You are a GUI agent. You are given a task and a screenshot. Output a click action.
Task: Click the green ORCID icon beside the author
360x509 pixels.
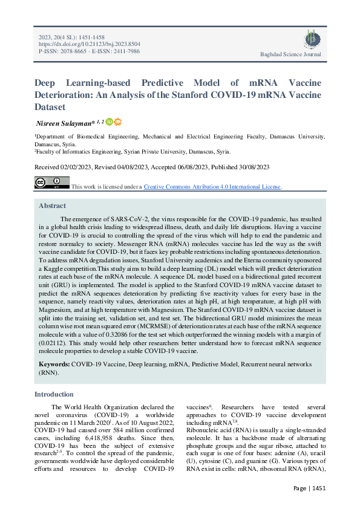tap(109, 122)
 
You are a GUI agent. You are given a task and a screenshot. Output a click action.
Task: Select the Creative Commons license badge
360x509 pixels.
tap(51, 183)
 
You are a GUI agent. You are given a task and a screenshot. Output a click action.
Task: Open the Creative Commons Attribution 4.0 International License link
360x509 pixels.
tap(212, 187)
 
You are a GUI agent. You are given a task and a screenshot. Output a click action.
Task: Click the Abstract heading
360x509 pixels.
tap(52, 206)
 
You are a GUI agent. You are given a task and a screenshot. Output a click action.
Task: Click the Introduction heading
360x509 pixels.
tap(54, 394)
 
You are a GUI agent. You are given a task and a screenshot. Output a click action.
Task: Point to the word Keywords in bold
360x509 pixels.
tap(54, 365)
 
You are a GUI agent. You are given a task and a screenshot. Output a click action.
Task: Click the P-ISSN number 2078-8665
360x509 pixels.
tap(71, 52)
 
